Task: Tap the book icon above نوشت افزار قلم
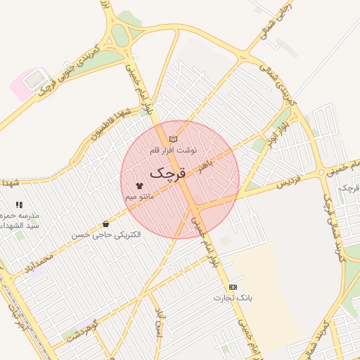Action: pyautogui.click(x=173, y=139)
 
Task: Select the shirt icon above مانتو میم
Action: pyautogui.click(x=139, y=186)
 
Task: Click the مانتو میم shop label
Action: pyautogui.click(x=140, y=197)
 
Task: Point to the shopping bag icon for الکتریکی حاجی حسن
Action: pyautogui.click(x=105, y=224)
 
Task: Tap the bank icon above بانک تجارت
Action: pyautogui.click(x=233, y=287)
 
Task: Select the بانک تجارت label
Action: pyautogui.click(x=233, y=298)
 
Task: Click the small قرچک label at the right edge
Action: pyautogui.click(x=349, y=188)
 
